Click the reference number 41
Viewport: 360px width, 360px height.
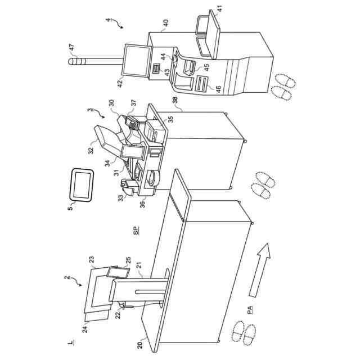point(219,8)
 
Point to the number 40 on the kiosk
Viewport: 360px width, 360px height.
point(165,24)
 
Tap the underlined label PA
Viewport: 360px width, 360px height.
point(249,309)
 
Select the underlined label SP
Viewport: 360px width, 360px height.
point(136,231)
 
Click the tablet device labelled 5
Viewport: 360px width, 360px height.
point(82,184)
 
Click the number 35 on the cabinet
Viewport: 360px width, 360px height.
point(170,119)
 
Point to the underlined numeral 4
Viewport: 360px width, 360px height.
point(108,21)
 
